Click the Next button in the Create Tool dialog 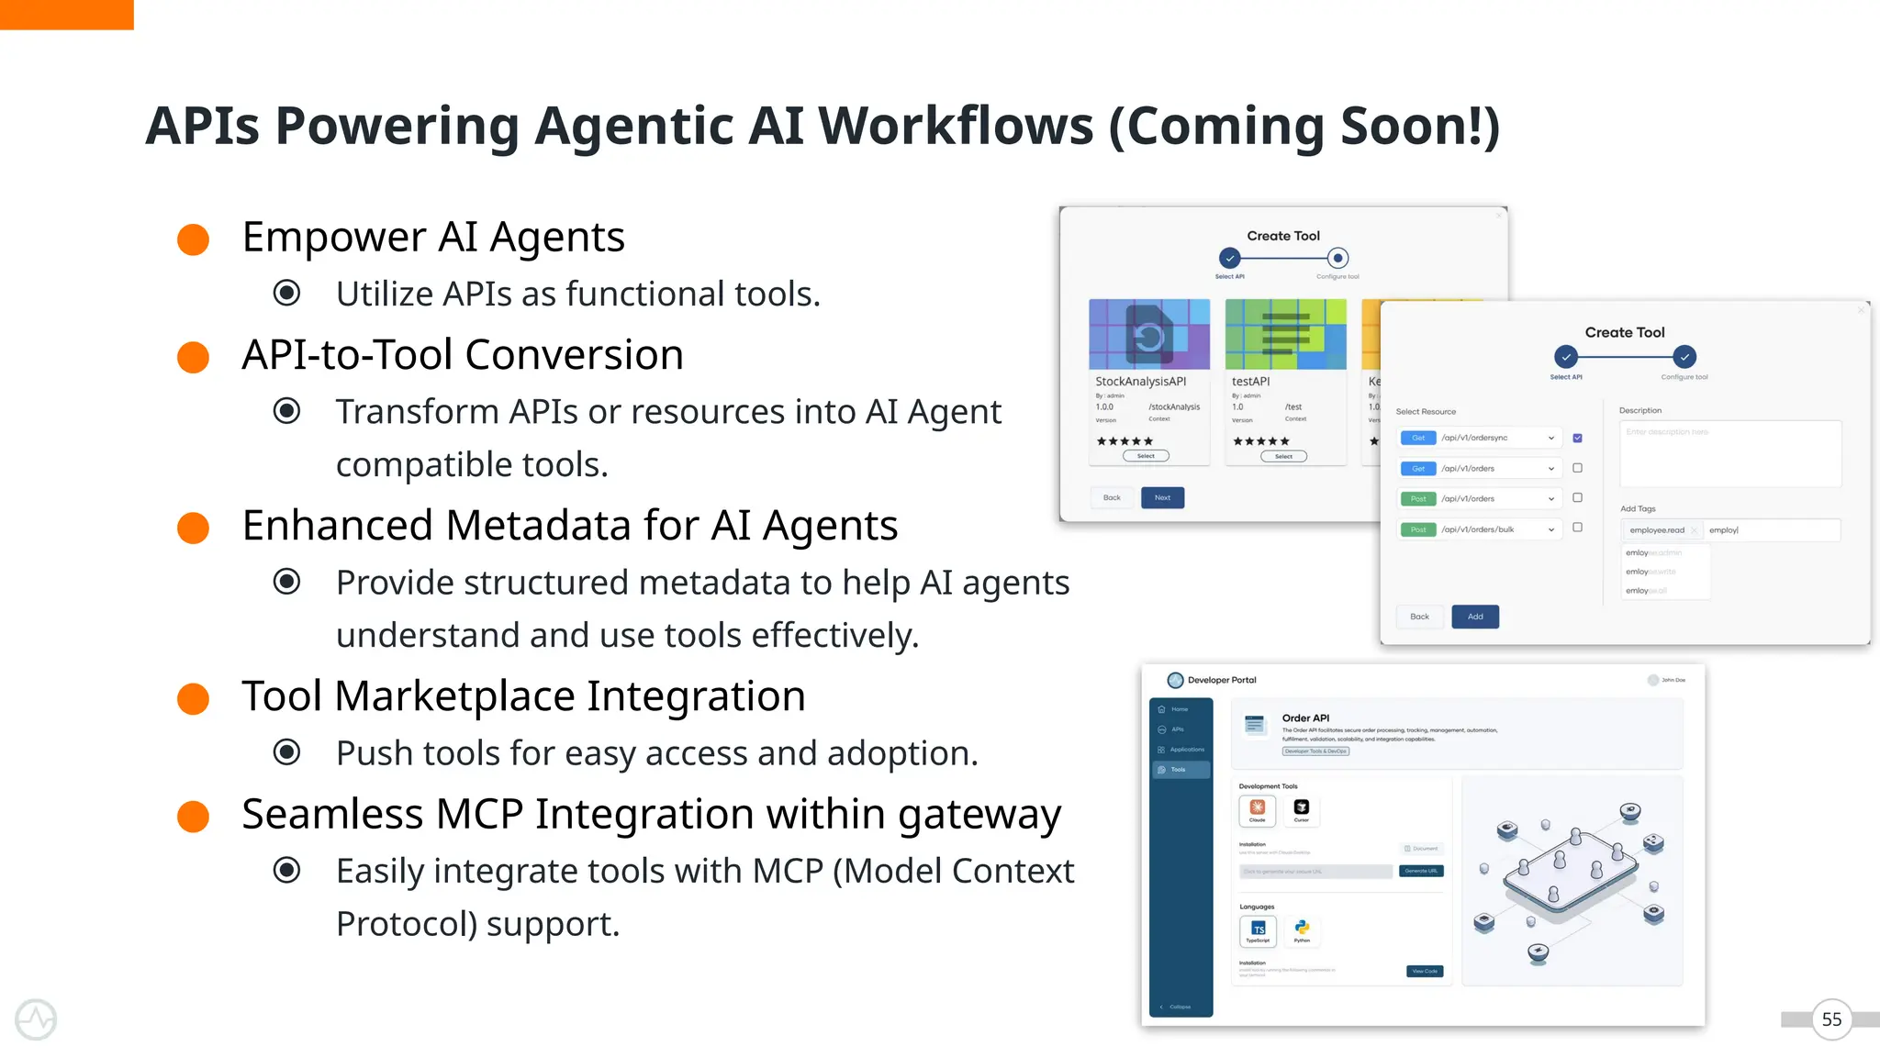[x=1162, y=497]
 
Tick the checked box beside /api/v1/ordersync [x=1577, y=438]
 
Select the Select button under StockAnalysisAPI [x=1146, y=456]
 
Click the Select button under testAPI [x=1283, y=456]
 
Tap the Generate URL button [x=1421, y=871]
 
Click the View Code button [x=1425, y=971]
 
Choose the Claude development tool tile [x=1257, y=809]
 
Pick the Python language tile [x=1302, y=930]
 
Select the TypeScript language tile [x=1258, y=931]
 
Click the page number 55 [x=1831, y=1019]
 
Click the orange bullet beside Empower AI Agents [x=193, y=239]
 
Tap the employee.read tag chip [x=1656, y=530]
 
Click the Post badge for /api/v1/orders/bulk [x=1417, y=529]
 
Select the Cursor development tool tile [x=1301, y=809]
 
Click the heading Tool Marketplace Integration [x=523, y=695]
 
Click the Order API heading [x=1305, y=718]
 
